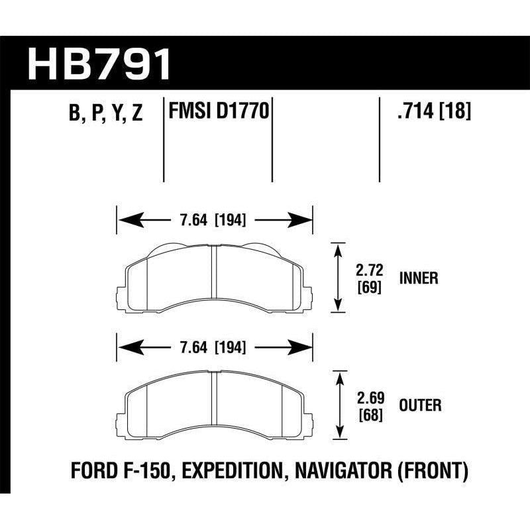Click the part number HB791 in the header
(99, 64)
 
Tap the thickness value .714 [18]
(432, 112)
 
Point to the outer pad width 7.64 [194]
(214, 346)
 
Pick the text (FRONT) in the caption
(438, 472)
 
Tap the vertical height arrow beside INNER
(339, 276)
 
